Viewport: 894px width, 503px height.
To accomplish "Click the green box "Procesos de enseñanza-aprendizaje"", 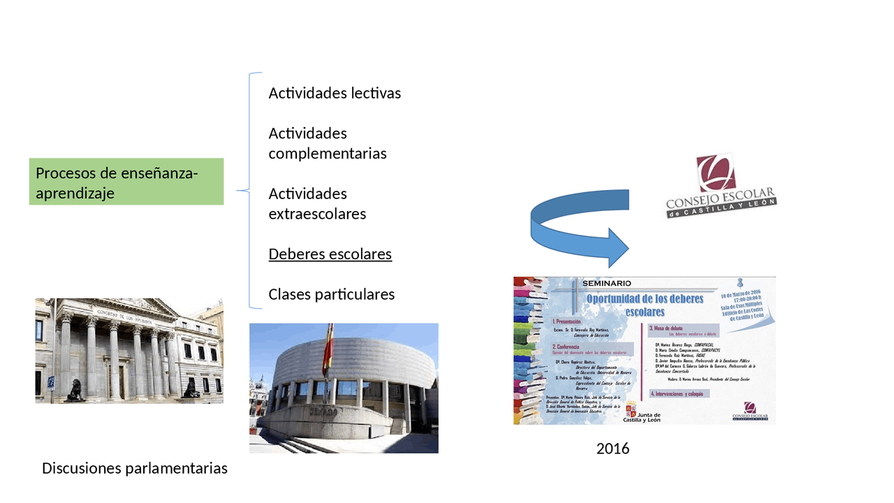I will coord(126,182).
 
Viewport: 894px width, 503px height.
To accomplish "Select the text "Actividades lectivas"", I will coord(335,93).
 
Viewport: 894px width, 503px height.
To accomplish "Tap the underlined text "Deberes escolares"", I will coord(330,254).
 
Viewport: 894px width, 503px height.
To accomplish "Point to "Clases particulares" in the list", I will coord(332,294).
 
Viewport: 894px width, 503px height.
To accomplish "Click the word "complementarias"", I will coord(328,154).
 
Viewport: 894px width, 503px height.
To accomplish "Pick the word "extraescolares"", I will coord(317,214).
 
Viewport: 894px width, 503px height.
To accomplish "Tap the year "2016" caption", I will coord(613,449).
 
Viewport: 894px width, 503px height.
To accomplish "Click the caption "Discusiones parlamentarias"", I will coord(135,468).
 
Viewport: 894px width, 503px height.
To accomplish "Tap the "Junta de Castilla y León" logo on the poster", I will coord(643,412).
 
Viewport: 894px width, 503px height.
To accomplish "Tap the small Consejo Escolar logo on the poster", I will coord(749,411).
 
